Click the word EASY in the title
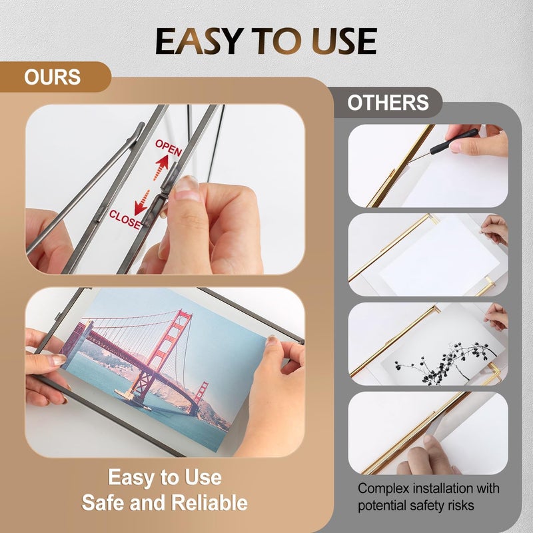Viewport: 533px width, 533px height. (199, 41)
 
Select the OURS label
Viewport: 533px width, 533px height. (53, 77)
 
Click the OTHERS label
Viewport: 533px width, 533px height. (388, 103)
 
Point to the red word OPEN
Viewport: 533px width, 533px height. (169, 148)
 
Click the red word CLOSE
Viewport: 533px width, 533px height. (125, 220)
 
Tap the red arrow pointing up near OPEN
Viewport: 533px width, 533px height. (161, 167)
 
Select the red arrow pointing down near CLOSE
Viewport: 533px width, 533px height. (141, 203)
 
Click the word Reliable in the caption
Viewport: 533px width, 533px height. (209, 502)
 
